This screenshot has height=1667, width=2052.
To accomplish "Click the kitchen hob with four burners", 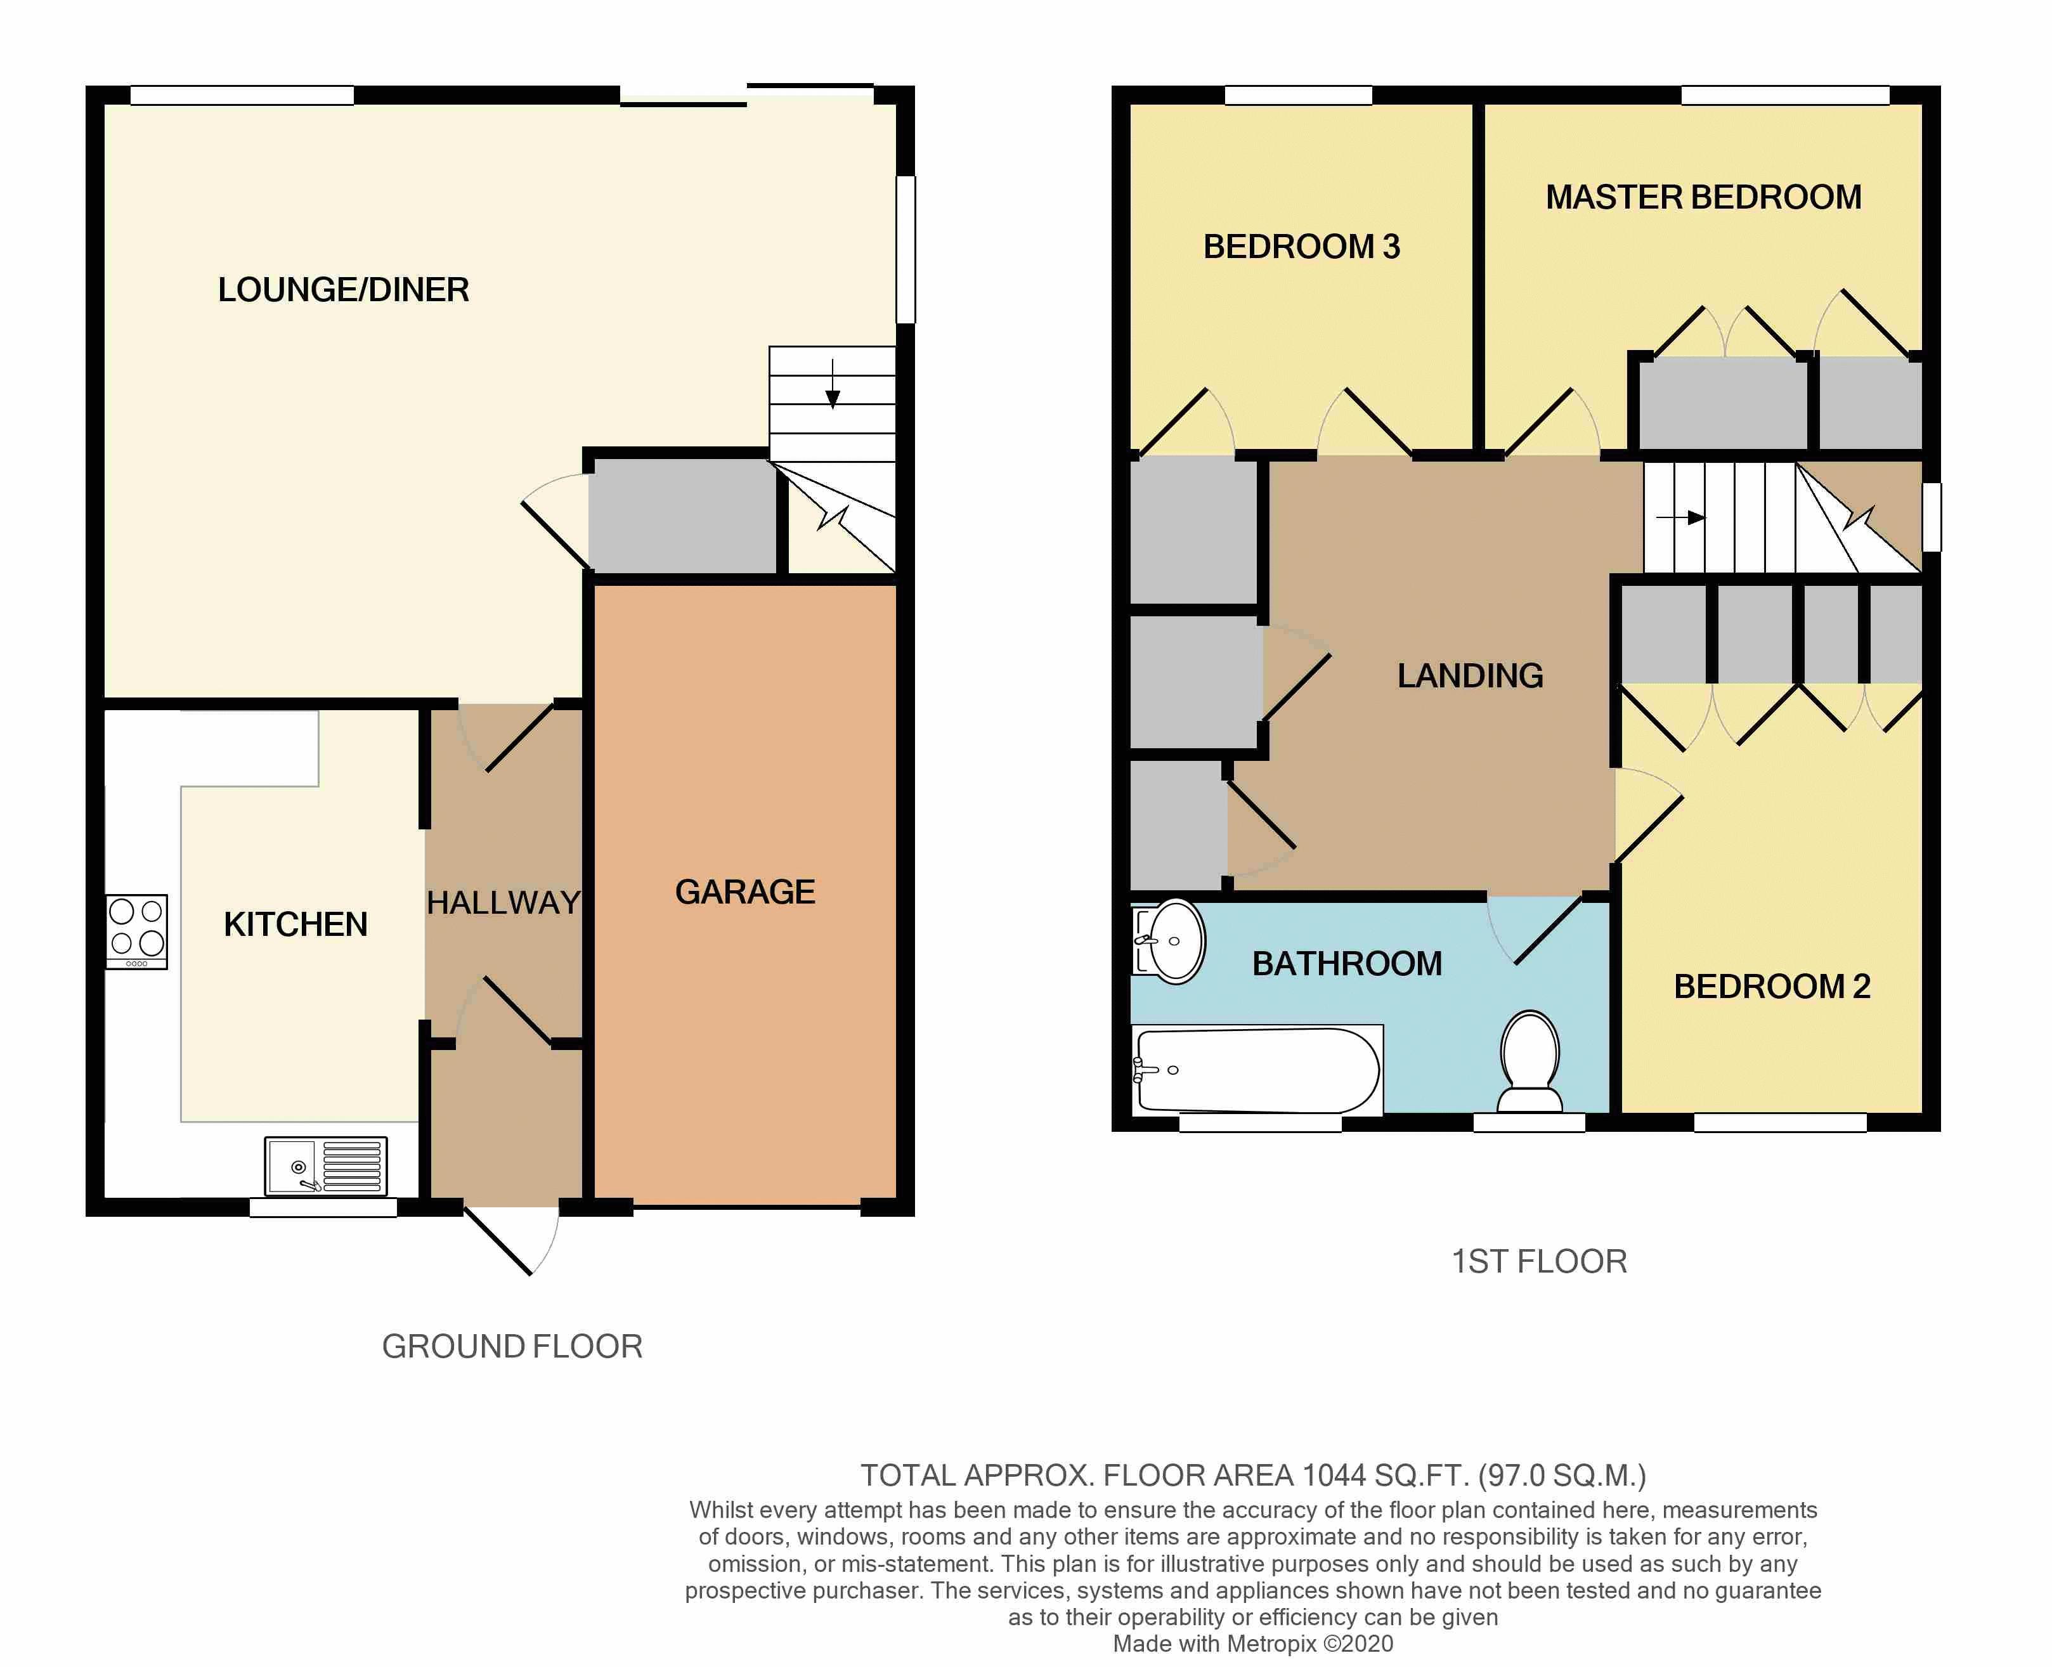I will coord(136,931).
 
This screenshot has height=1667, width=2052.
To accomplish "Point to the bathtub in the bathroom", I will coord(1256,1070).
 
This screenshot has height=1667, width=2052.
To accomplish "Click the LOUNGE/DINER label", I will coord(343,290).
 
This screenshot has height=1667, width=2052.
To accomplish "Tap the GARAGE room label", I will coord(744,892).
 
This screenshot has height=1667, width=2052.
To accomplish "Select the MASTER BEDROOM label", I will coord(1703,198).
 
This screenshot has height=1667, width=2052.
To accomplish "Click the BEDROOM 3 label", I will coord(1301,247).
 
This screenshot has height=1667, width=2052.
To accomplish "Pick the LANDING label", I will coord(1469,676).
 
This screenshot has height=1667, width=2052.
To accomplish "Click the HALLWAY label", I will coord(503,903).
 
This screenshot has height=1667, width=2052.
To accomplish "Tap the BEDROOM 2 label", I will coord(1772,986).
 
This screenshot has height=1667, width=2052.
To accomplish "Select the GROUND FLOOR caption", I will coord(512,1346).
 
